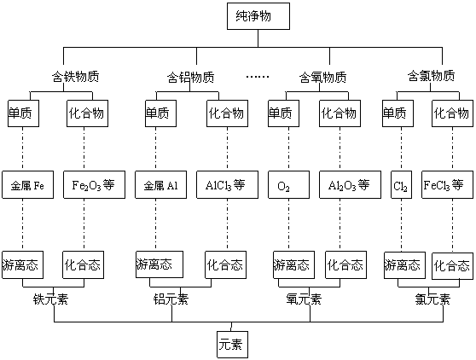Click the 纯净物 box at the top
click(258, 16)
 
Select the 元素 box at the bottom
click(233, 345)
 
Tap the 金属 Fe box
click(27, 185)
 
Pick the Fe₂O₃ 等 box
click(94, 185)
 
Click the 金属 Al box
click(161, 185)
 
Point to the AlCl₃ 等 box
click(228, 185)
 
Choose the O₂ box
click(288, 185)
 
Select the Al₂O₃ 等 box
click(350, 185)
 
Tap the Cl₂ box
click(401, 185)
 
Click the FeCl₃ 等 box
click(447, 185)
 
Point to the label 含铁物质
click(76, 77)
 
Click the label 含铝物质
click(190, 77)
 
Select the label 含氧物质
click(323, 77)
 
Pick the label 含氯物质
click(431, 76)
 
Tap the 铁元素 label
click(50, 299)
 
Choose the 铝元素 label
click(171, 299)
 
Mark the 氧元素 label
click(304, 299)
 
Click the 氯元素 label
click(432, 299)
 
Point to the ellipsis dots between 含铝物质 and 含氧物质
click(258, 77)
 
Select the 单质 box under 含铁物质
click(23, 113)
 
